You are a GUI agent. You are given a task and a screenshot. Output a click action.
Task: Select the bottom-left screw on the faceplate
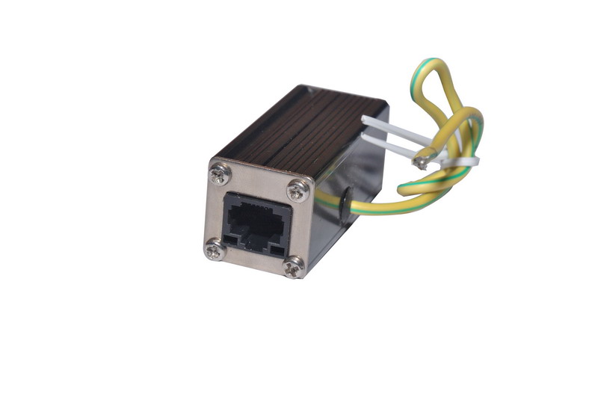214,250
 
